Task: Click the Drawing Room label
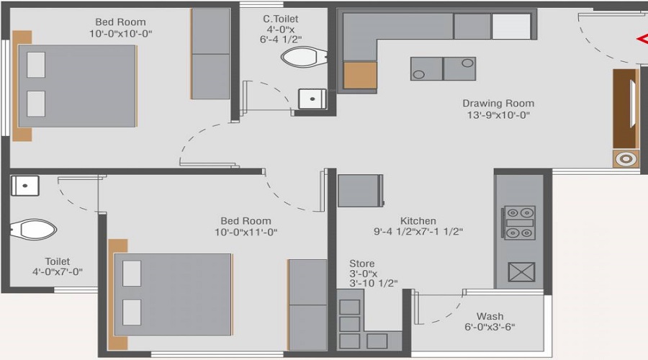498,104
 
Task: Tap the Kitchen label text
418,221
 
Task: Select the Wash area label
490,316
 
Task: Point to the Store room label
361,264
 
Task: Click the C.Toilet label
280,19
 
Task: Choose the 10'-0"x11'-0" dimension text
246,233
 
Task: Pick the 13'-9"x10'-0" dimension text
498,115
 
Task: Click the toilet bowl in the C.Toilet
302,56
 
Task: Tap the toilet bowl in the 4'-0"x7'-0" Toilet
36,230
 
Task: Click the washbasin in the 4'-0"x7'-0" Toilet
24,185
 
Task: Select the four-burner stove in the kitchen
519,222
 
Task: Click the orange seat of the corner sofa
360,75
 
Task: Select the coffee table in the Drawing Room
443,68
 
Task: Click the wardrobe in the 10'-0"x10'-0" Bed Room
210,54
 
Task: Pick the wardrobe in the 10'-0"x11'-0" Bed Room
307,305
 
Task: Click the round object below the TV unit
626,159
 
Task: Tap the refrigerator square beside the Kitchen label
360,191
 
